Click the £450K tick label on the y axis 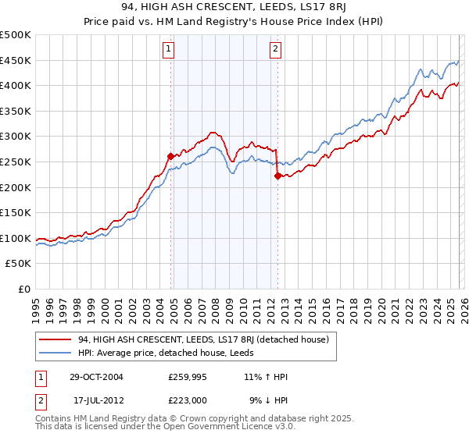coord(16,60)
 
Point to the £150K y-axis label coord(16,212)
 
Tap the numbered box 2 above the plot coord(276,49)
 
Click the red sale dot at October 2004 coord(170,157)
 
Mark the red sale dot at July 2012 coord(277,176)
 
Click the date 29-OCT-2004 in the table coord(96,377)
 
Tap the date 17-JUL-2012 coord(97,400)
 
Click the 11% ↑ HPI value coord(266,377)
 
